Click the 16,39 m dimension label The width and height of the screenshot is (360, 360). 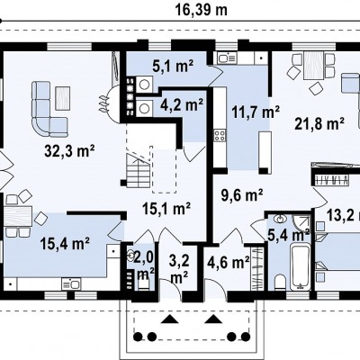[x=201, y=10]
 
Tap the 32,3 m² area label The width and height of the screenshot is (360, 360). [x=69, y=150]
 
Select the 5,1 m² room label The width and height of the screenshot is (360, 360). [x=174, y=67]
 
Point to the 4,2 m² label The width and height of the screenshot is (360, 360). [x=182, y=104]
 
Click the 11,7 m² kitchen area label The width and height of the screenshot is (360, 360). [x=256, y=112]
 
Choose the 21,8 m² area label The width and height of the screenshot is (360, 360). [x=319, y=123]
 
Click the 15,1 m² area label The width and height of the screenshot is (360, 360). [x=166, y=208]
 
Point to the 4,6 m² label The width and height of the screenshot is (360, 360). [x=229, y=263]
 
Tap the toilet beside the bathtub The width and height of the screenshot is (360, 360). [x=280, y=282]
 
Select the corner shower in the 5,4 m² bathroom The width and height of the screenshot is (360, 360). [x=301, y=224]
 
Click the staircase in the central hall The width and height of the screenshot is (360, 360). [x=138, y=170]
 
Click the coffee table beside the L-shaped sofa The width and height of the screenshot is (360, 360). [x=63, y=98]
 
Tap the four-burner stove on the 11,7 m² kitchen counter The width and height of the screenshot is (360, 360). [x=220, y=135]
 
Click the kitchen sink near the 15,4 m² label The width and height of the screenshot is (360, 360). [x=71, y=283]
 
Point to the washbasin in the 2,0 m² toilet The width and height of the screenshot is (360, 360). [x=130, y=256]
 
